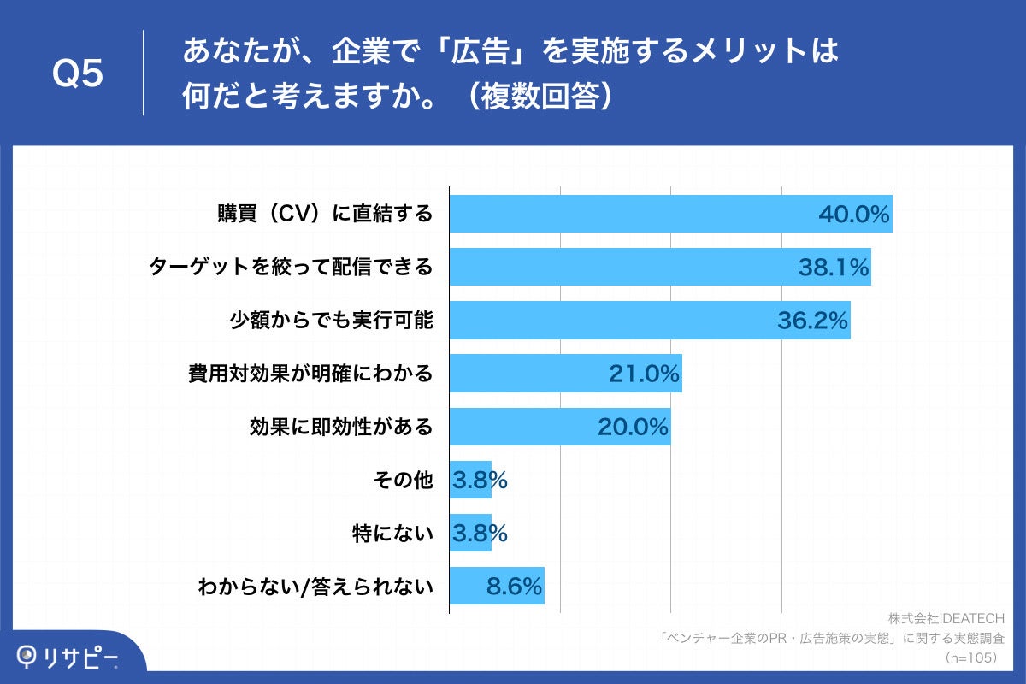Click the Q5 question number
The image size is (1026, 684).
coord(78,74)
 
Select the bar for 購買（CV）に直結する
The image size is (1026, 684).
coord(670,214)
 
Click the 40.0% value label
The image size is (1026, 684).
coord(853,215)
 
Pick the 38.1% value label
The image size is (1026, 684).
coord(833,268)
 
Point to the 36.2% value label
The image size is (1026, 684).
coord(812,321)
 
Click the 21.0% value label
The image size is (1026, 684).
coord(644,374)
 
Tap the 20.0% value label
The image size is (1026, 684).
coord(633,427)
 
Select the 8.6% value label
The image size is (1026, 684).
coord(513,586)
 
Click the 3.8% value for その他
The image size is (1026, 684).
coord(480,481)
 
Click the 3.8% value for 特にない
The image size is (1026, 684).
coord(480,534)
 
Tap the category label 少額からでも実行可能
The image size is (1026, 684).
coord(331,321)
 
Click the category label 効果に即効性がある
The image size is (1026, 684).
coord(341,427)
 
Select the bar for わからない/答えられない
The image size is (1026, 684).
coord(497,586)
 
